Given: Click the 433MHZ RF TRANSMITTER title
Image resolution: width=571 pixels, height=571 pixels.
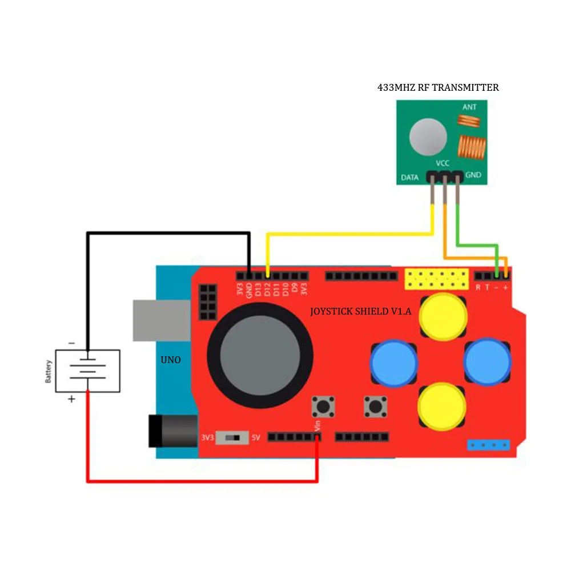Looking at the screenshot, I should (x=438, y=87).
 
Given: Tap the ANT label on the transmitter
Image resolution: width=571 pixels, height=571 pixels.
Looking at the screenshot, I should (x=469, y=107).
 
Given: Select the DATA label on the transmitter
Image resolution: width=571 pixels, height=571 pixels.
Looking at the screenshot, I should (x=410, y=178).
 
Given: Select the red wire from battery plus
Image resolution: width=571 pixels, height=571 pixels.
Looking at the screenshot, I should (x=200, y=481).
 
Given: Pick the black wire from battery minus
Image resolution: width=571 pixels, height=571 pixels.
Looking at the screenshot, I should (x=166, y=233).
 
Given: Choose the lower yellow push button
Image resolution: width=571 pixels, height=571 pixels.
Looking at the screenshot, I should (x=443, y=406).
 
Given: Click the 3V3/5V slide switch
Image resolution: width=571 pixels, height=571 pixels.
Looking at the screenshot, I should (x=232, y=438).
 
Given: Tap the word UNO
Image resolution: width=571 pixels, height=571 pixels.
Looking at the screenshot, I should (x=171, y=360).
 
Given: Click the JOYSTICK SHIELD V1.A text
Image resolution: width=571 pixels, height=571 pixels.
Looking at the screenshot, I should (x=360, y=312).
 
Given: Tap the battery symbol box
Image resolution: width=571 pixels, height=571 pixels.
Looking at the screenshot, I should (x=87, y=371).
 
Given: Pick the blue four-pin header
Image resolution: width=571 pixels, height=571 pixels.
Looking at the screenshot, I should (x=488, y=444).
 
